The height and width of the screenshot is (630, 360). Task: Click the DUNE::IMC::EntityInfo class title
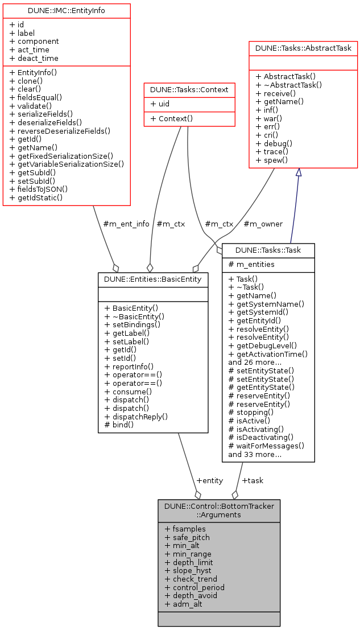pos(67,10)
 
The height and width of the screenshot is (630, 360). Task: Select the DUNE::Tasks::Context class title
pos(189,89)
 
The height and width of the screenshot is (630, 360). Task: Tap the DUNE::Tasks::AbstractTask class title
pos(303,48)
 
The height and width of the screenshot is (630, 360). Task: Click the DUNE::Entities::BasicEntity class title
pos(153,279)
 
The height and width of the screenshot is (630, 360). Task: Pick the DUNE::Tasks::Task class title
pos(268,250)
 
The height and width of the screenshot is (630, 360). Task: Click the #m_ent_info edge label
pos(126,224)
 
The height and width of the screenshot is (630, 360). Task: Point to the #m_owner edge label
pos(263,224)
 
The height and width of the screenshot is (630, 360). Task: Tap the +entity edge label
pos(209,480)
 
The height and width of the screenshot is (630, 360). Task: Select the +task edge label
pos(253,480)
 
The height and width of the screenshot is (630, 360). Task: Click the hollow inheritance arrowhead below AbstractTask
pos(298,172)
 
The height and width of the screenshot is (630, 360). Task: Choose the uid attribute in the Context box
pos(162,104)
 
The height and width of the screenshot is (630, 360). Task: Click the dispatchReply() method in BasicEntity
pos(139,416)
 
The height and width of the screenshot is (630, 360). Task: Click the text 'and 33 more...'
pos(254,454)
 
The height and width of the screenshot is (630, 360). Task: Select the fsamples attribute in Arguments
pos(185,529)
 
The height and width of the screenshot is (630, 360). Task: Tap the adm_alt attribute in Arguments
pos(183,604)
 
